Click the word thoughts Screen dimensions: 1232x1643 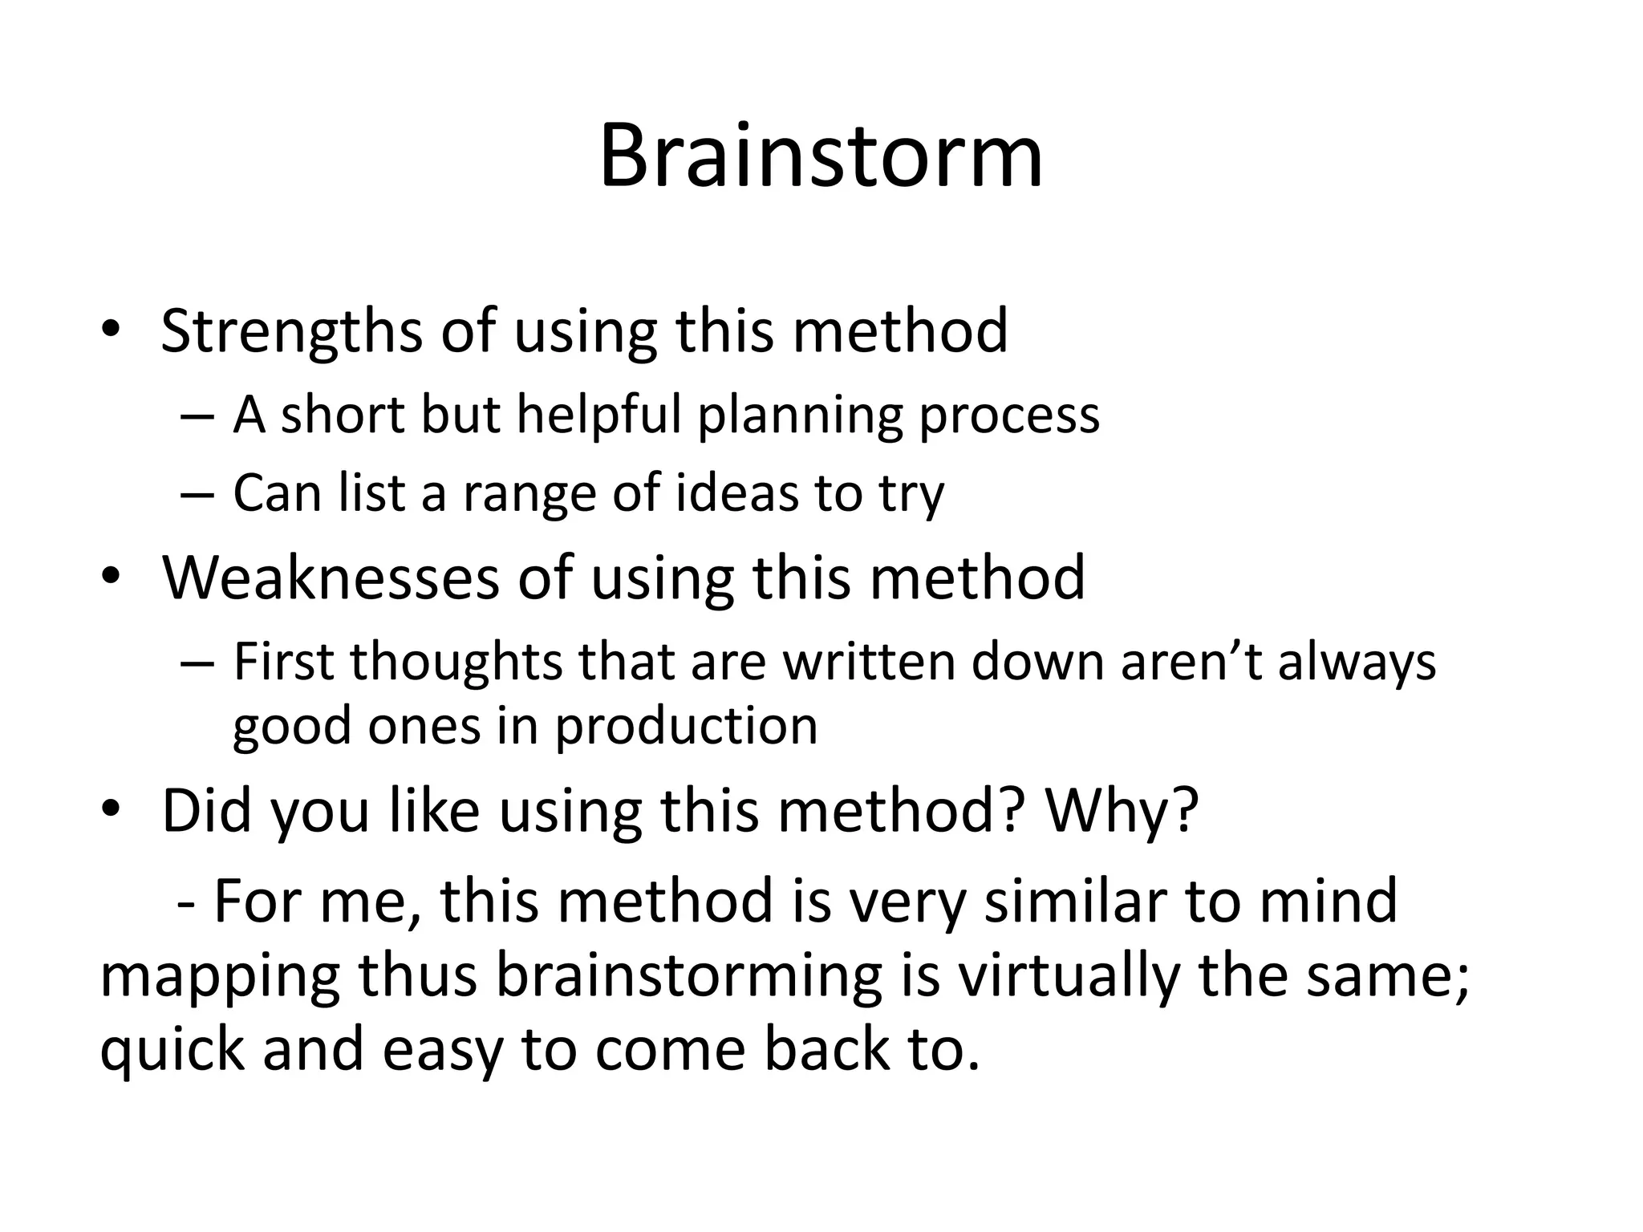[456, 663]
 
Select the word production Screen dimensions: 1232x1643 [686, 727]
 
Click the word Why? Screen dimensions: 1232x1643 [1121, 811]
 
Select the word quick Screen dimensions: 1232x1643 [171, 1051]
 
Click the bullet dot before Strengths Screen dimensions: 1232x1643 [110, 331]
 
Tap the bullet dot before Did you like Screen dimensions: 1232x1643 [110, 811]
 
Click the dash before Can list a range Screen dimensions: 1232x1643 [197, 493]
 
